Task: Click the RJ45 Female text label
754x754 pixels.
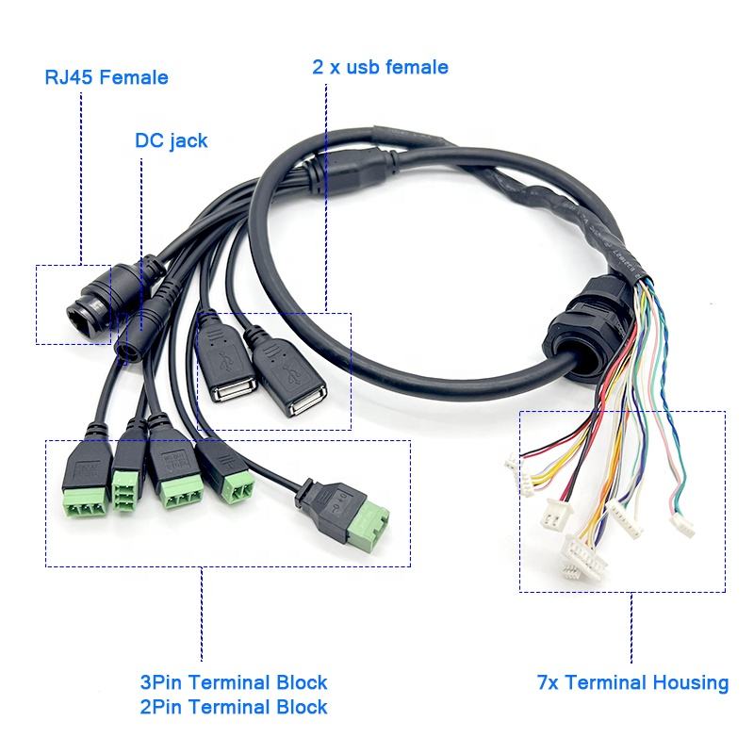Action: [x=107, y=77]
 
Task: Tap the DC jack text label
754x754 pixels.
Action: [x=171, y=141]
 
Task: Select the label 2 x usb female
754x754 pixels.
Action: [x=380, y=67]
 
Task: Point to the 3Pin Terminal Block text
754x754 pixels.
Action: [x=233, y=682]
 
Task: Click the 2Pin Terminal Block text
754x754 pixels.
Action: [x=233, y=706]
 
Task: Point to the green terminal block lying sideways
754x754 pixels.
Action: [x=368, y=527]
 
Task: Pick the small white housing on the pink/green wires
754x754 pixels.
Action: [x=680, y=524]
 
